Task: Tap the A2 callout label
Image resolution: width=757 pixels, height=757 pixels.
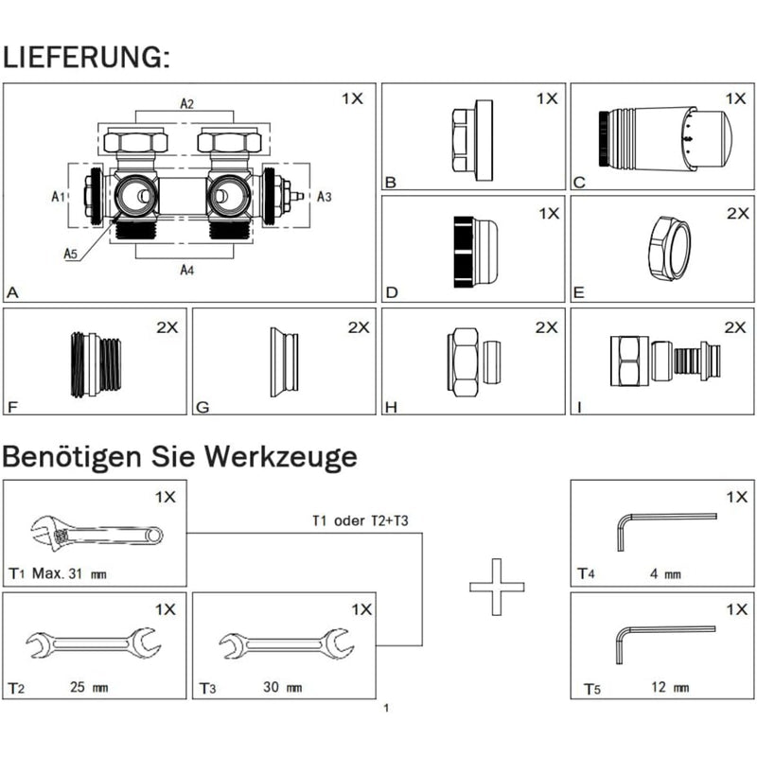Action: pos(187,103)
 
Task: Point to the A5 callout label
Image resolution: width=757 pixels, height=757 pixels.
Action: pos(71,253)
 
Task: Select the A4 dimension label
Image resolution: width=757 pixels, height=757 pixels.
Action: pos(187,270)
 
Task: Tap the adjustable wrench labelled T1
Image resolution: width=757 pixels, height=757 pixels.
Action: pos(96,537)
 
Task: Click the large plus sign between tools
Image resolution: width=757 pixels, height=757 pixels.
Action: pos(496,588)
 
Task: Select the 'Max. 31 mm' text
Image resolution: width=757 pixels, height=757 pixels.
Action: pos(69,573)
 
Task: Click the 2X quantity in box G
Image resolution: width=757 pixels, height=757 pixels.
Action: pos(359,327)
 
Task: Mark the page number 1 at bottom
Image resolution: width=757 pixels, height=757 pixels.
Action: pos(386,707)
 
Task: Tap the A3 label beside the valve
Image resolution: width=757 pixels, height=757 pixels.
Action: pos(323,196)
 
